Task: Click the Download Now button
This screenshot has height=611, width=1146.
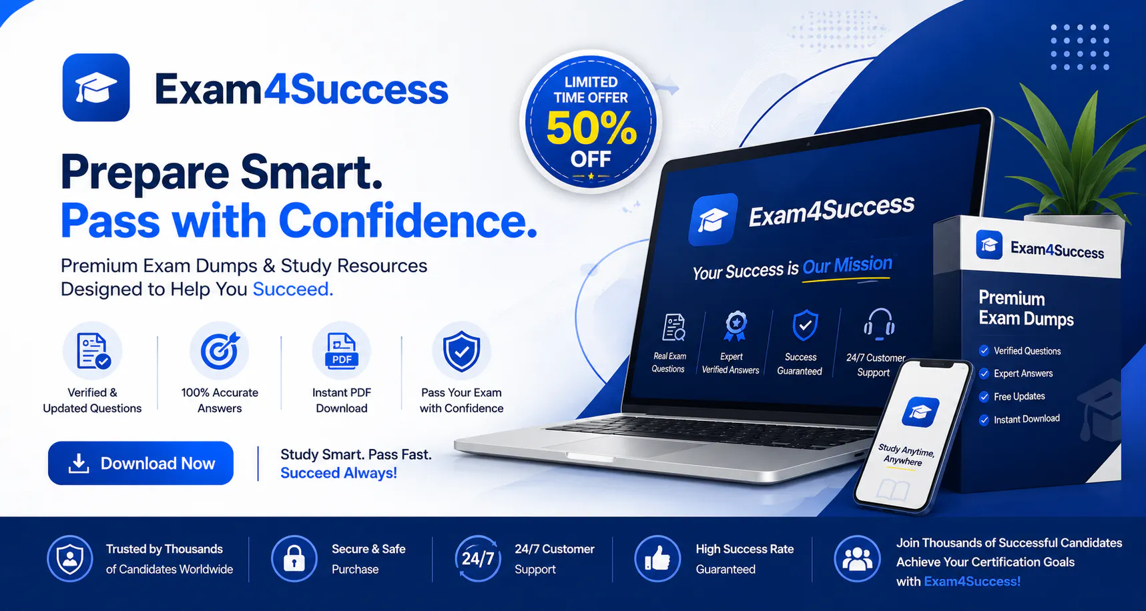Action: (x=141, y=463)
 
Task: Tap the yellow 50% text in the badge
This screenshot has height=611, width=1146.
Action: (x=591, y=127)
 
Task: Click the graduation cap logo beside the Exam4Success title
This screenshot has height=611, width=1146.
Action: (x=96, y=87)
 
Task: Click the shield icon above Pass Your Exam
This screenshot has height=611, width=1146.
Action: (x=462, y=351)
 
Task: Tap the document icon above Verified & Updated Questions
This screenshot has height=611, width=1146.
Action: (x=93, y=351)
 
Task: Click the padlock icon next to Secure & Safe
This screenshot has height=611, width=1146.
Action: (x=294, y=559)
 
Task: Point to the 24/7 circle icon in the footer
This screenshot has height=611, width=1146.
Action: (x=478, y=559)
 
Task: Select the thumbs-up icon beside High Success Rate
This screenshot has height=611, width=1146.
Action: (x=657, y=559)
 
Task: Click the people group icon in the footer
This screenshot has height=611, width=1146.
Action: (x=858, y=559)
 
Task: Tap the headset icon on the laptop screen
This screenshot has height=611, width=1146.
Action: (x=879, y=324)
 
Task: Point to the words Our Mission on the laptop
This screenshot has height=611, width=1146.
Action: (x=847, y=265)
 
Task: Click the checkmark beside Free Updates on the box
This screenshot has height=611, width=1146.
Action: (x=984, y=397)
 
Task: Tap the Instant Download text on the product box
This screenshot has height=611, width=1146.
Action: (x=1027, y=419)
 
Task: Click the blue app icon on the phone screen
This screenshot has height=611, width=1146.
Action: (x=920, y=412)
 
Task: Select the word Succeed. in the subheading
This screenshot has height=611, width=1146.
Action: (x=292, y=289)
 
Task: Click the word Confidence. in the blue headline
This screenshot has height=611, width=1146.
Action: (x=408, y=221)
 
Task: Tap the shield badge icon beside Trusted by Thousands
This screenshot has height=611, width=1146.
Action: (x=70, y=559)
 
